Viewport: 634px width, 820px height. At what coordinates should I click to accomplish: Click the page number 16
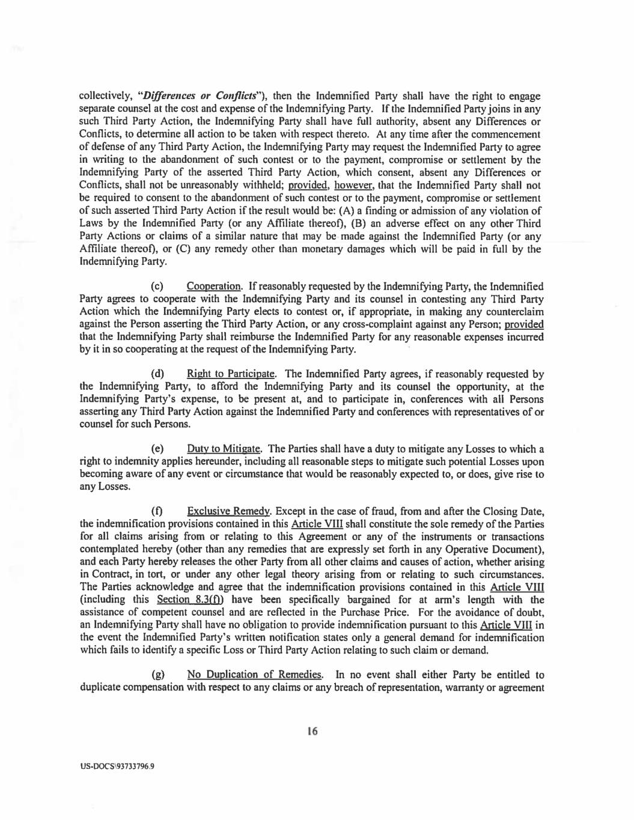311,731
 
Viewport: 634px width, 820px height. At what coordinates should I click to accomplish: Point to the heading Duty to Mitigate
224,449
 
